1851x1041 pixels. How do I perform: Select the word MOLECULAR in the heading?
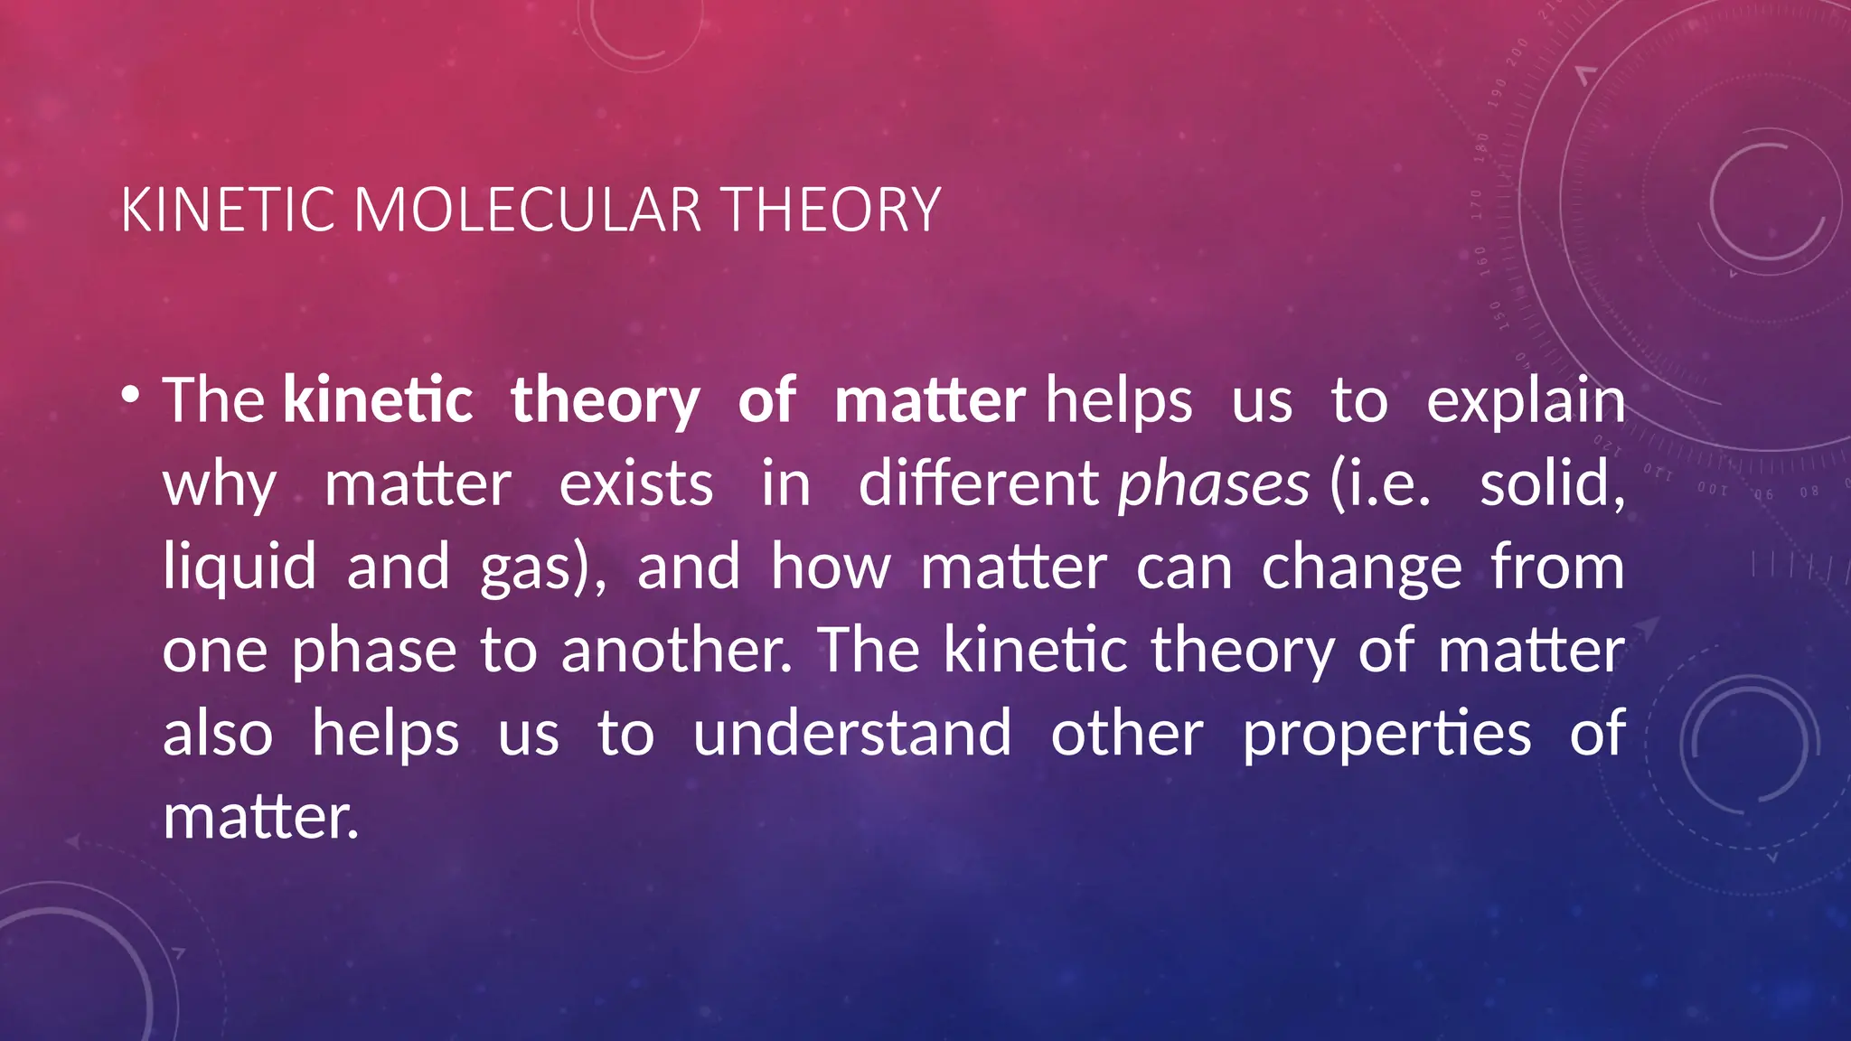(x=528, y=211)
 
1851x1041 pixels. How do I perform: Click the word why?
(x=220, y=485)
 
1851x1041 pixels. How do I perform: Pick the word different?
(x=978, y=483)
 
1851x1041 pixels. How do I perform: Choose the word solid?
(x=1552, y=483)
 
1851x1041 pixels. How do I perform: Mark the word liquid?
(x=240, y=568)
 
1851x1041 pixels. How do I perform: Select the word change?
(x=1361, y=568)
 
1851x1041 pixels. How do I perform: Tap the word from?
(x=1557, y=567)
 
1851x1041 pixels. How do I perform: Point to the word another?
(x=676, y=651)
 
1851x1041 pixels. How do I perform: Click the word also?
(x=218, y=733)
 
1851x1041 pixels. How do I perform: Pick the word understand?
(x=852, y=733)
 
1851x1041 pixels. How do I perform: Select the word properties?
(x=1386, y=735)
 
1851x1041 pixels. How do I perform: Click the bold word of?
(x=766, y=400)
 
